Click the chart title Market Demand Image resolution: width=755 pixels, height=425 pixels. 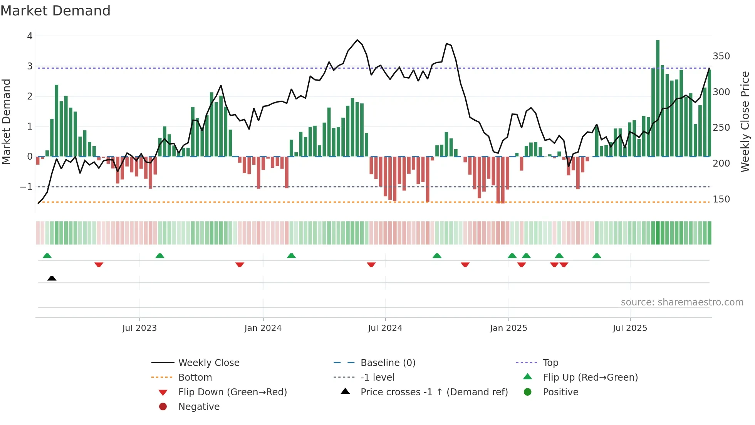click(55, 11)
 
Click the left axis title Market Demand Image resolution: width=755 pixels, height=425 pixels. click(7, 121)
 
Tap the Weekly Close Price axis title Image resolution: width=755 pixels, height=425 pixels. click(745, 121)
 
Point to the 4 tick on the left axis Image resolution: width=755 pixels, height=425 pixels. click(30, 36)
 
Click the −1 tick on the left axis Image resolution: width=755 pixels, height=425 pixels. click(27, 187)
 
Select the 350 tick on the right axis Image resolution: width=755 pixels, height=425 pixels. click(721, 56)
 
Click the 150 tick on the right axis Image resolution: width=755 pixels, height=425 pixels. click(721, 199)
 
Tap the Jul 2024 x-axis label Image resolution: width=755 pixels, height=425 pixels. click(385, 328)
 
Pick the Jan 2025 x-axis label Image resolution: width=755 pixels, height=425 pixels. click(508, 328)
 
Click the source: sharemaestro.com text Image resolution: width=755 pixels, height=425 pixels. click(682, 302)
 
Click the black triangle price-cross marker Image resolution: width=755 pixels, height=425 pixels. click(52, 278)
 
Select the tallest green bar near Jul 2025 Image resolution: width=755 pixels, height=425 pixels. click(658, 98)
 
